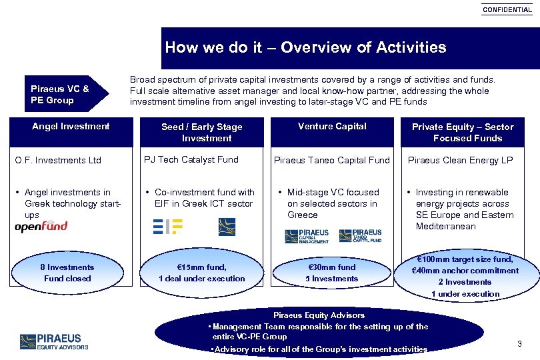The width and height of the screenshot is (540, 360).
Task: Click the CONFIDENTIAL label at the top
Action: pyautogui.click(x=507, y=9)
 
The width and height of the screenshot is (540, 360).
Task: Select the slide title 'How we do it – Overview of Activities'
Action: pyautogui.click(x=305, y=47)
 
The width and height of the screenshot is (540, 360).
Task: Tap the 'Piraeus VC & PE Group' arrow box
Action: pyautogui.click(x=64, y=95)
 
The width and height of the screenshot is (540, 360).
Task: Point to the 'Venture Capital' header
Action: pyautogui.click(x=332, y=126)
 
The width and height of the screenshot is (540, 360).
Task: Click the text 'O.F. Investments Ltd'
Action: pyautogui.click(x=58, y=160)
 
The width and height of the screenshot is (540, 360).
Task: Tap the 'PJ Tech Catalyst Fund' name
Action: pyautogui.click(x=191, y=160)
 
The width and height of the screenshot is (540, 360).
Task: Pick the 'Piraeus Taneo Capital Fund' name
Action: pyautogui.click(x=332, y=160)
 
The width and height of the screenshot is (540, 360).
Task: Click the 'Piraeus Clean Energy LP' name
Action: pyautogui.click(x=460, y=160)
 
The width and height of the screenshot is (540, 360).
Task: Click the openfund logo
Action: pyautogui.click(x=41, y=227)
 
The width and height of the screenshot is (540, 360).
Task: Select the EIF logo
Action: pyautogui.click(x=167, y=227)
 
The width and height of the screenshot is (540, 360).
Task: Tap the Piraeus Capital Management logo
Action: pyautogui.click(x=307, y=236)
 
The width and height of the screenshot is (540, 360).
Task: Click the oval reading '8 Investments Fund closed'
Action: pyautogui.click(x=67, y=273)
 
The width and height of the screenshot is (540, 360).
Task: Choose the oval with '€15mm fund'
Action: pyautogui.click(x=201, y=273)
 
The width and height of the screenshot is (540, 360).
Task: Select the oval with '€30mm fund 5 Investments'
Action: pyautogui.click(x=331, y=273)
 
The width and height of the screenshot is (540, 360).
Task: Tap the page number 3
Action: pyautogui.click(x=519, y=344)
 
